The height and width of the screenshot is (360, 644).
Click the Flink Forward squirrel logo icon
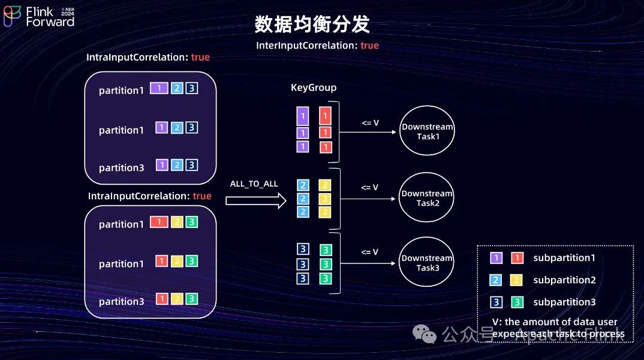[x=12, y=16]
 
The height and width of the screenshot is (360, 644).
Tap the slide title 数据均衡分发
[x=312, y=24]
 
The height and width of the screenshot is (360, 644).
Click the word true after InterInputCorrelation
[x=369, y=46]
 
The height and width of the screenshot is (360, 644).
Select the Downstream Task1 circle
[x=427, y=131]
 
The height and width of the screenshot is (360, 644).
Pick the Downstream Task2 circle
[x=427, y=198]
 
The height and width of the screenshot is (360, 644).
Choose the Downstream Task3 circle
[x=427, y=263]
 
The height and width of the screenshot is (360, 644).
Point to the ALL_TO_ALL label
[x=254, y=184]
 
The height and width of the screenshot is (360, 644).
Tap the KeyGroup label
[x=314, y=88]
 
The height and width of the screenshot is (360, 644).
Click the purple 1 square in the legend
[x=496, y=258]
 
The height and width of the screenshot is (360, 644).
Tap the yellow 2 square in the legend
[x=516, y=280]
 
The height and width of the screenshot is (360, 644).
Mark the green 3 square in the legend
[x=516, y=302]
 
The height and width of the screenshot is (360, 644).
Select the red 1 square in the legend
[x=516, y=258]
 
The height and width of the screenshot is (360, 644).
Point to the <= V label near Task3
[x=369, y=252]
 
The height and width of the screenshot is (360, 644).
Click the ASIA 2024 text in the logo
[x=67, y=12]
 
